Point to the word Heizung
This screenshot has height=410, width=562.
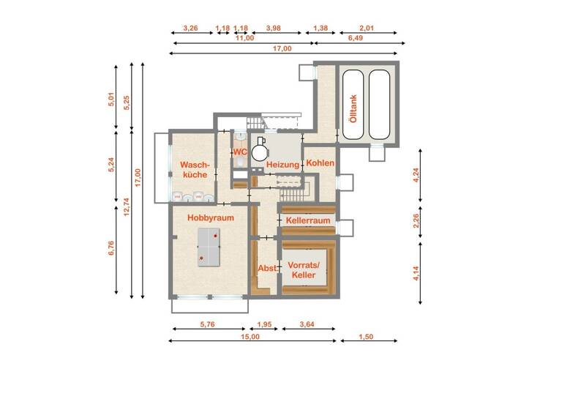pyautogui.click(x=282, y=165)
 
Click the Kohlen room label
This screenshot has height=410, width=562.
pyautogui.click(x=321, y=163)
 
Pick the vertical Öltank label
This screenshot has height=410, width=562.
pyautogui.click(x=353, y=108)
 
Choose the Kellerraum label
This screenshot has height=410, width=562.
pyautogui.click(x=308, y=220)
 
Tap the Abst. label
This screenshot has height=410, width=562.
pyautogui.click(x=267, y=269)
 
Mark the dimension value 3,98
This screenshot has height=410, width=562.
pyautogui.click(x=274, y=28)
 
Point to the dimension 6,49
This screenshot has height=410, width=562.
pyautogui.click(x=356, y=38)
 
